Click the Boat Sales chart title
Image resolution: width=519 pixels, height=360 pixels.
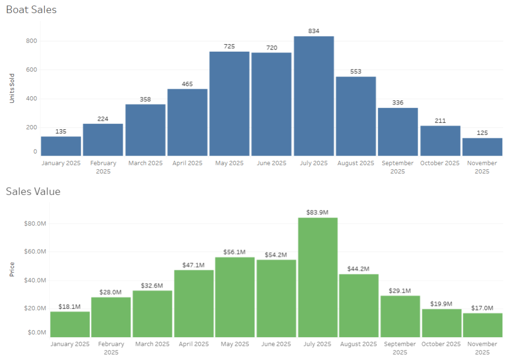click(x=31, y=10)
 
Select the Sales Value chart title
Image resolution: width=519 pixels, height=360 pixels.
click(x=33, y=191)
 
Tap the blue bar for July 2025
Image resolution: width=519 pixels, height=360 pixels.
click(x=314, y=96)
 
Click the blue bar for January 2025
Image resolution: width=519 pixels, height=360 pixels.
click(x=61, y=146)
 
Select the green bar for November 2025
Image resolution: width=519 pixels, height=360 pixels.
click(x=483, y=325)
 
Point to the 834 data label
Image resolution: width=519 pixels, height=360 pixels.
click(x=314, y=31)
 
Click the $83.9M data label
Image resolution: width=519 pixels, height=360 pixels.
click(x=318, y=212)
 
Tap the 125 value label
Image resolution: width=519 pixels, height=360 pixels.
click(x=482, y=133)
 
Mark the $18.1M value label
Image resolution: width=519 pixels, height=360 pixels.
click(x=70, y=306)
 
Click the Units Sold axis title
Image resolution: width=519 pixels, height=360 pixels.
click(x=12, y=88)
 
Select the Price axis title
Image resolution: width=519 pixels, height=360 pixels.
click(x=12, y=269)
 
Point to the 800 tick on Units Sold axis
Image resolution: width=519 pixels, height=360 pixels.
click(x=31, y=41)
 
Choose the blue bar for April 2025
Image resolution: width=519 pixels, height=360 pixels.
click(x=188, y=122)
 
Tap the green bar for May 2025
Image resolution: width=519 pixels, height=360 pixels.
click(x=235, y=297)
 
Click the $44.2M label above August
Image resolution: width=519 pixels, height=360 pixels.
click(x=358, y=269)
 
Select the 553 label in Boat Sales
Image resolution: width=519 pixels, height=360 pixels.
click(x=356, y=71)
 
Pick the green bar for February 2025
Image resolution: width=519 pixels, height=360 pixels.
click(x=111, y=317)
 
